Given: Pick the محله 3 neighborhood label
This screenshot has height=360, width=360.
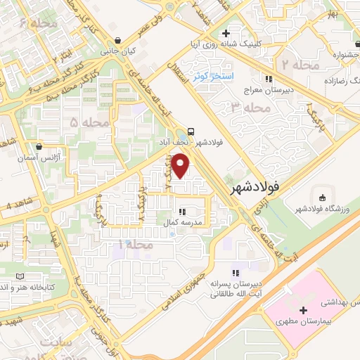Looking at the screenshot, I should pos(250,108).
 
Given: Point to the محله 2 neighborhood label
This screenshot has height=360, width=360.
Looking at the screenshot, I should pos(295,65).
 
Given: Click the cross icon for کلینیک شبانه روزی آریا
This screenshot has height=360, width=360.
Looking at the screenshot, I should pos(225,33).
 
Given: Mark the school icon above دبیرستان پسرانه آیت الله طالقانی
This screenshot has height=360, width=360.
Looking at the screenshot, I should pos(236,272).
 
